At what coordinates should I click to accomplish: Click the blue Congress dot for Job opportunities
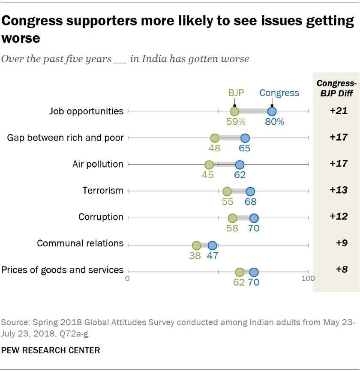pos(272,111)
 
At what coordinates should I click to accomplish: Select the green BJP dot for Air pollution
pos(209,165)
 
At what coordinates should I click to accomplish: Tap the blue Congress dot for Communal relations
pos(212,245)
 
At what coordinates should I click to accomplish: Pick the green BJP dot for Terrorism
pos(227,191)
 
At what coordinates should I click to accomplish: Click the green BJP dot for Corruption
pos(232,218)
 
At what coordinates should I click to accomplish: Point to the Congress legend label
pos(279,93)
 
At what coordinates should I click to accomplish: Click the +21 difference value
pos(338,111)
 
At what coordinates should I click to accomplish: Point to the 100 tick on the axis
pos(308,278)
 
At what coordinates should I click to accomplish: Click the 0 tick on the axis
pos(128,278)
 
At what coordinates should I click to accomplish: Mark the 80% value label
pos(274,122)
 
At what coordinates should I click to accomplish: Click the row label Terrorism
pos(103,191)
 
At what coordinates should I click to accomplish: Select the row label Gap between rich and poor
pos(66,138)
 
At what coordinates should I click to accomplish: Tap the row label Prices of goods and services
pos(63,270)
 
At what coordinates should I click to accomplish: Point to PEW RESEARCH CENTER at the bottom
pos(51,350)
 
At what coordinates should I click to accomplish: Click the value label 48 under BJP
pos(214,148)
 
